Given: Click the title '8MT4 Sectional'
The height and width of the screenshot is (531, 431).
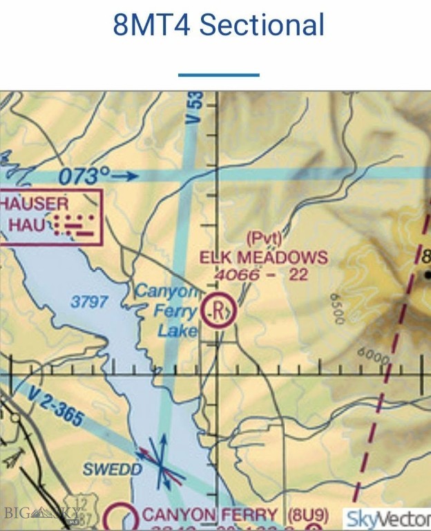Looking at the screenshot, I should [x=218, y=26].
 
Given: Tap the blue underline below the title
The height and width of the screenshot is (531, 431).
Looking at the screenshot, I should [x=218, y=74].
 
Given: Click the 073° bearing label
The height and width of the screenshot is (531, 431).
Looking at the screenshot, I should [x=84, y=176].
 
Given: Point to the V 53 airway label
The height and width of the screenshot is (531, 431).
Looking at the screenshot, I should [x=197, y=109].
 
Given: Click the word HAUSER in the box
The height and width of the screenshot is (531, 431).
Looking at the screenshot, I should [x=35, y=203].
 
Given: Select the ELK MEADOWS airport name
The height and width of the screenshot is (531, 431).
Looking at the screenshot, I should [x=263, y=258].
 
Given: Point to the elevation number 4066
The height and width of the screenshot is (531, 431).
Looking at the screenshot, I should [x=236, y=275].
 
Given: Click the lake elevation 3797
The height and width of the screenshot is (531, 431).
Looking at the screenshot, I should [x=89, y=301].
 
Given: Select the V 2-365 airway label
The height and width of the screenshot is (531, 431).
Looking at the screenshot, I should [x=57, y=406].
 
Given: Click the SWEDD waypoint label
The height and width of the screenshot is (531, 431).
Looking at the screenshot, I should [x=113, y=469].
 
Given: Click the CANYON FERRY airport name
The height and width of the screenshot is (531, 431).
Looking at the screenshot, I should [x=210, y=515].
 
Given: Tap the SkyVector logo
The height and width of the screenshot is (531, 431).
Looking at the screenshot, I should [x=387, y=518].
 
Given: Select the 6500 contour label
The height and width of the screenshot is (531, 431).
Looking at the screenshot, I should [x=336, y=309].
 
